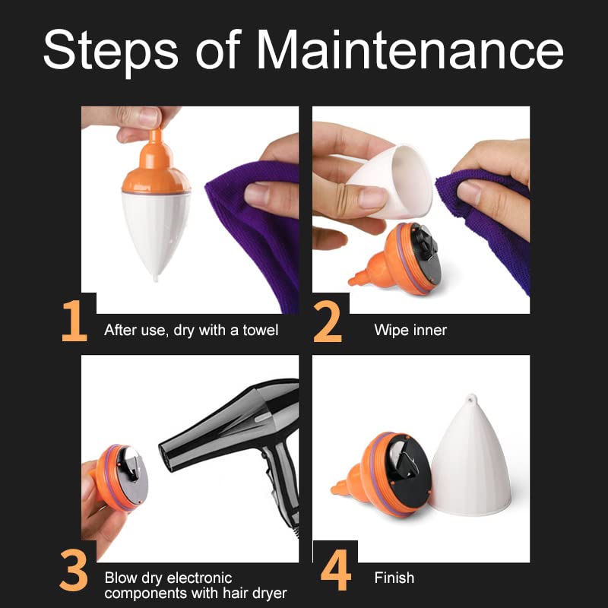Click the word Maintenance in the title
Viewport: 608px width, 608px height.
point(410,49)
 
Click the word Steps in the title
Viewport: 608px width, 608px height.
point(110,52)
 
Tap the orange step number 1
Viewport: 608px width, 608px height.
point(74,321)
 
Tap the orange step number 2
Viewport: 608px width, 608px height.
point(328,321)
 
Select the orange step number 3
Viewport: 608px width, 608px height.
point(74,570)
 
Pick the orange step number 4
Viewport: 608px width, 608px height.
point(336,569)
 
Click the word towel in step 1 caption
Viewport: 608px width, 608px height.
point(260,330)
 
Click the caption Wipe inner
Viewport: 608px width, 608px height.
point(410,330)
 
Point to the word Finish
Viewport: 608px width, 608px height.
point(394,578)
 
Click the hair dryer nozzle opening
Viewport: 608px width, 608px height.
point(166,458)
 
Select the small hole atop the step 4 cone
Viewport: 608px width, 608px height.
point(471,398)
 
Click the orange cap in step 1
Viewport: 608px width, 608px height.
point(156,165)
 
